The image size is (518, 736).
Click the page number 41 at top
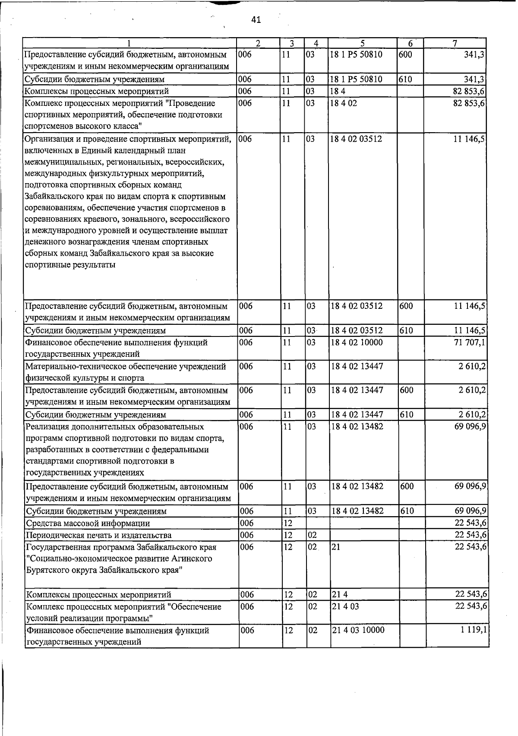(256, 20)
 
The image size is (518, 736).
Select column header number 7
(455, 43)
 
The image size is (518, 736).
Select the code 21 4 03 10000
(358, 630)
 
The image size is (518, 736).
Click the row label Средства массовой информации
(88, 523)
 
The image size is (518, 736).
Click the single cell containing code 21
(336, 547)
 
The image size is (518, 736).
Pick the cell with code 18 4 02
(344, 103)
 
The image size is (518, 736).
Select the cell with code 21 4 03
(345, 606)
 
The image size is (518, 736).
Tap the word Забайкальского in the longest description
(52, 197)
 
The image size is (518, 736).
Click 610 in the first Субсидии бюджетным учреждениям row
(406, 79)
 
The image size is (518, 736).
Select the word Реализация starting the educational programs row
(46, 427)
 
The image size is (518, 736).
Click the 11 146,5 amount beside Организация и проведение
(469, 139)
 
